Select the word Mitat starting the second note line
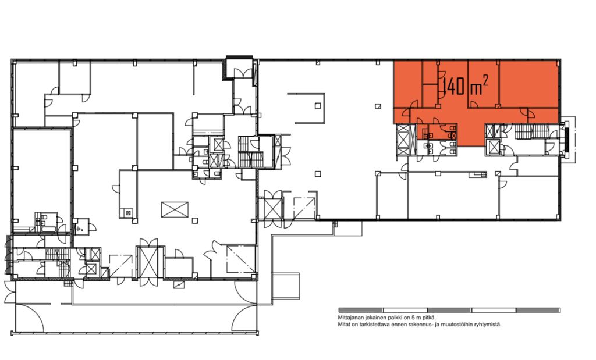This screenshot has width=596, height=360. click(343, 325)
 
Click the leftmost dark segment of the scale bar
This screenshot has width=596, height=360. click(361, 310)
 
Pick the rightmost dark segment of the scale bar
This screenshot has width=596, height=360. click(538, 310)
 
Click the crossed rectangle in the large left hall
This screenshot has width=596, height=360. click(175, 209)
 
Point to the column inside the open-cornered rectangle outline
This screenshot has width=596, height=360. click(318, 106)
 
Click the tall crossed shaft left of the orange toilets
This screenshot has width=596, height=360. click(403, 140)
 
